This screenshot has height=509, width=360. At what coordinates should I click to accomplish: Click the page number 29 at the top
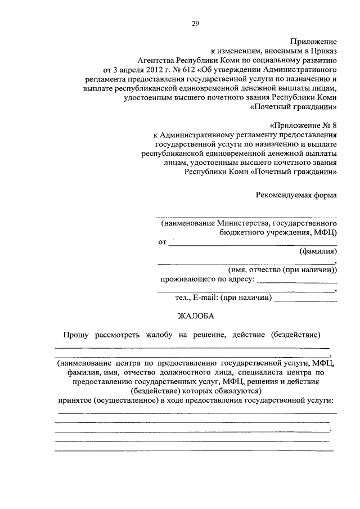tap(195, 23)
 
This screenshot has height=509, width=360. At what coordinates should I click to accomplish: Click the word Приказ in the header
tap(324, 50)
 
